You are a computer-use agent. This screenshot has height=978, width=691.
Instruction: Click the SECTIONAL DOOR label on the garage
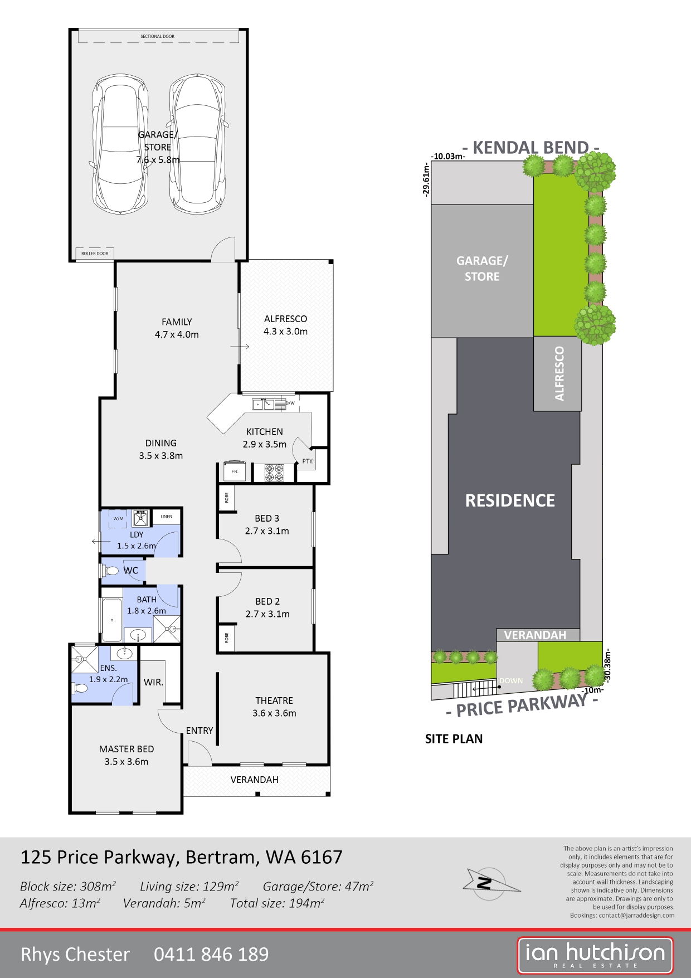tap(157, 36)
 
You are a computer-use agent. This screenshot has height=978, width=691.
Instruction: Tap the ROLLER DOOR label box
tap(95, 254)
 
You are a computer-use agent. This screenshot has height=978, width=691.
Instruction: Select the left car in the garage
tap(120, 144)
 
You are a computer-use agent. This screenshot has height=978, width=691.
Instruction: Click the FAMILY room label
tap(177, 322)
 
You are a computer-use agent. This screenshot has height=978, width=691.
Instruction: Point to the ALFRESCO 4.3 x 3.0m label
tap(285, 325)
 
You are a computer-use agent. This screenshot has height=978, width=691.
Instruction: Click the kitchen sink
tap(263, 403)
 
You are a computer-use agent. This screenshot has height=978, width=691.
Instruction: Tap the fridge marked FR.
tap(235, 471)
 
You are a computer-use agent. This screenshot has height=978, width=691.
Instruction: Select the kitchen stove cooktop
tap(274, 473)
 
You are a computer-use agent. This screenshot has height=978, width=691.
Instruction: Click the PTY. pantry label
tap(308, 461)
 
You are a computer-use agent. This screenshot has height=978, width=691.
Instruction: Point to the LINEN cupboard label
tap(166, 517)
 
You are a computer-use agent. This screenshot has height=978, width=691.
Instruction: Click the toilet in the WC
tap(110, 571)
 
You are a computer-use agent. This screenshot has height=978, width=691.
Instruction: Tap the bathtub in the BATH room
tap(112, 620)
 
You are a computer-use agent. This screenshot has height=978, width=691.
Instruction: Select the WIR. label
tap(153, 682)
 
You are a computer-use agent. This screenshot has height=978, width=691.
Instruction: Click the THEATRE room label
tap(274, 700)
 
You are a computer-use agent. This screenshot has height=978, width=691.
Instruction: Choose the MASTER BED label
tap(126, 749)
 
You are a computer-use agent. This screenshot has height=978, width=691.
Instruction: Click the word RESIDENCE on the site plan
tap(510, 500)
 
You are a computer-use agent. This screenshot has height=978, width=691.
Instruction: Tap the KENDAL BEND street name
tap(531, 148)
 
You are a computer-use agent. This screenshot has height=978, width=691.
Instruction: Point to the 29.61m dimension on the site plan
tap(426, 179)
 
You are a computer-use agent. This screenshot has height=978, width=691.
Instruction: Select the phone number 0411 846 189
tap(211, 954)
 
